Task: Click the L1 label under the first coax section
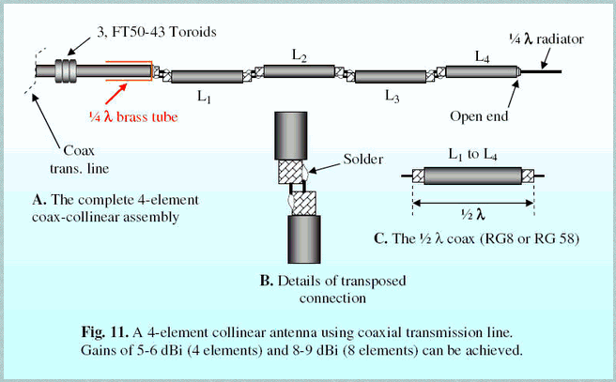point(204,97)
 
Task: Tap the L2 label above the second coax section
point(300,57)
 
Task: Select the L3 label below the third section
point(392,96)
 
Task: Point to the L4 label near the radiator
point(482,58)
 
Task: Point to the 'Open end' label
point(508,117)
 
